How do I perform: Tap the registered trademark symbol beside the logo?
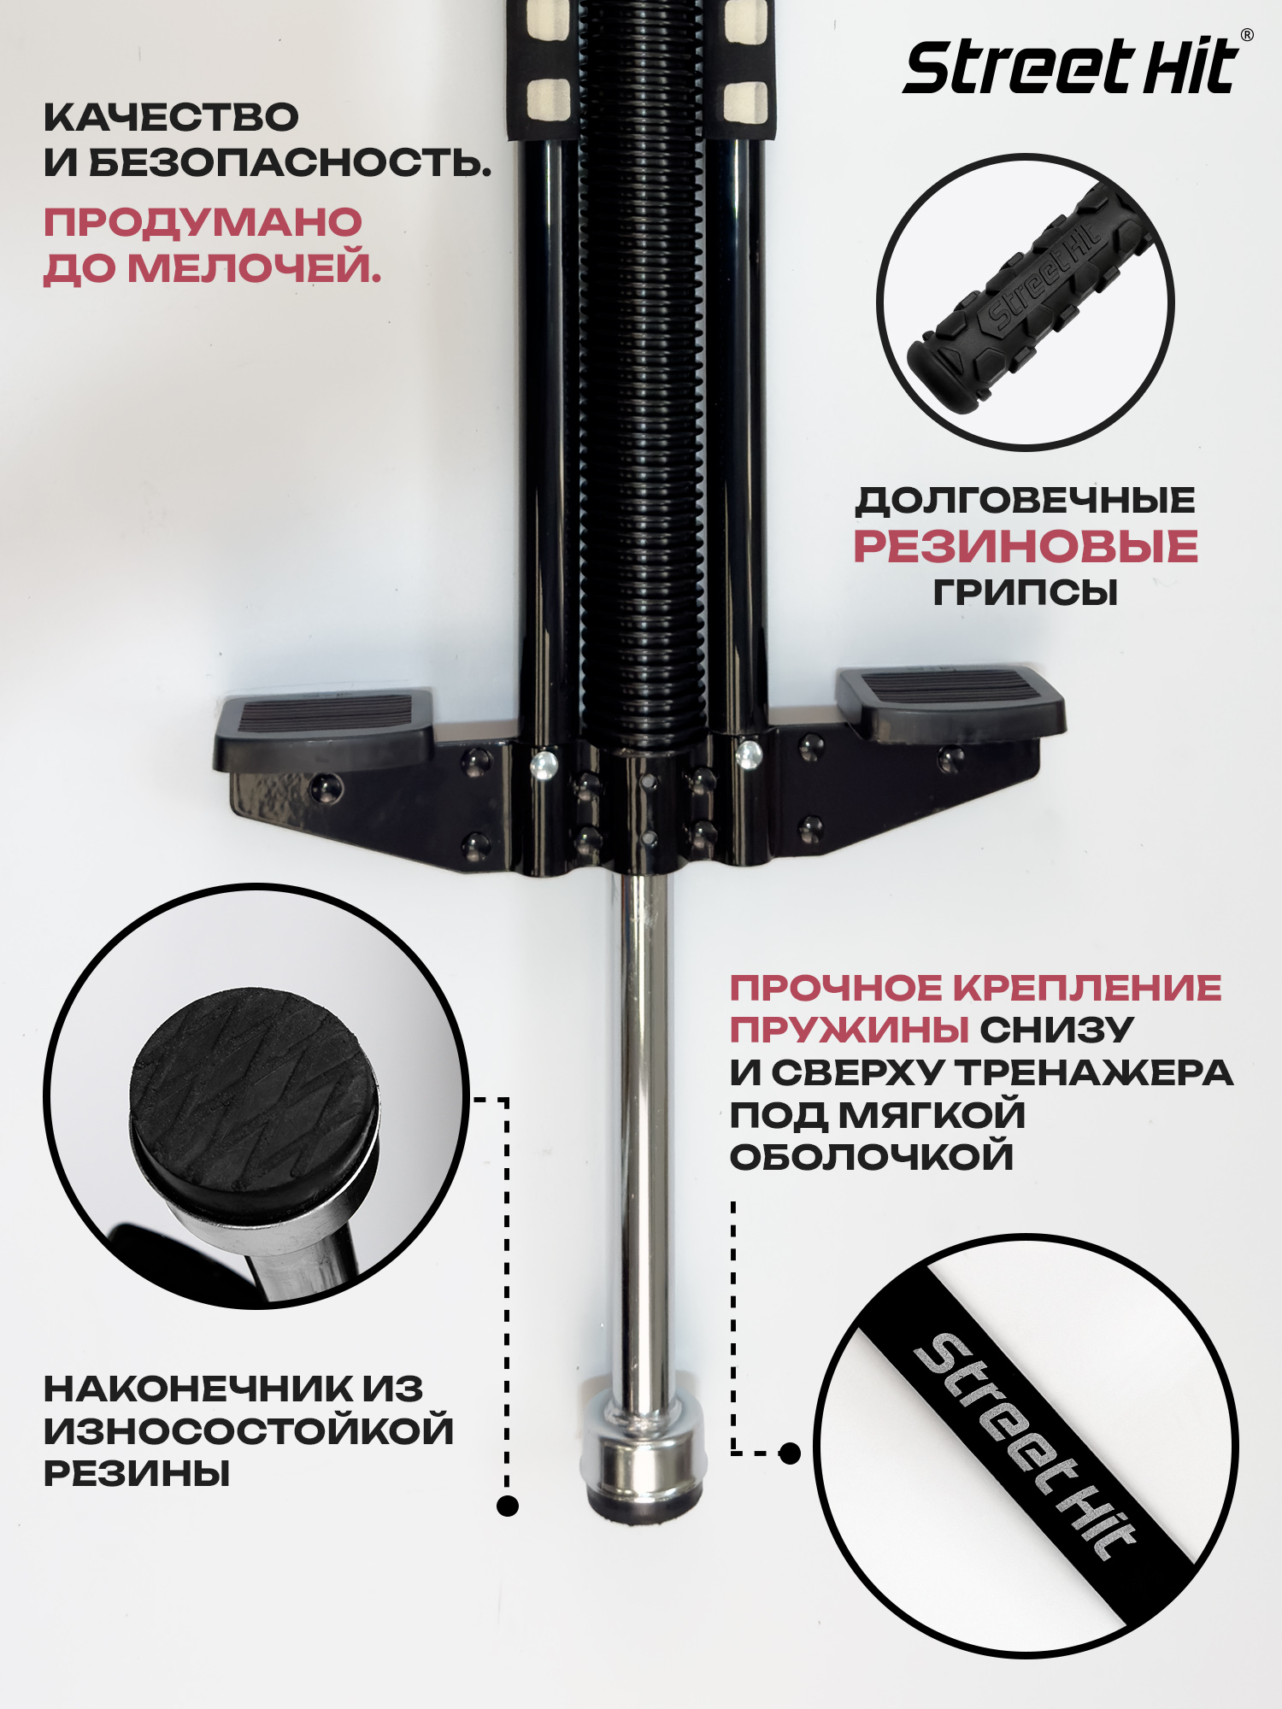1247,35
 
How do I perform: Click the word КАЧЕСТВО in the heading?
171,118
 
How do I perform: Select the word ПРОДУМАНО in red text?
203,223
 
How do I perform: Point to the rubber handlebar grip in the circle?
1032,298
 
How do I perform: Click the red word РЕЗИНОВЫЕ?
1026,546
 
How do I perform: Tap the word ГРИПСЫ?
1026,592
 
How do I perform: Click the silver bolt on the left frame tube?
544,764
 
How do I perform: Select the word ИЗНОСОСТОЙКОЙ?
249,1431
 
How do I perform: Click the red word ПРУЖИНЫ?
849,1031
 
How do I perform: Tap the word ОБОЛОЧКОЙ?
872,1158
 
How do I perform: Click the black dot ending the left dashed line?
508,1506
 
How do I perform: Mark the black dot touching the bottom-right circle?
791,1453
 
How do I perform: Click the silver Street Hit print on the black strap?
1026,1447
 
